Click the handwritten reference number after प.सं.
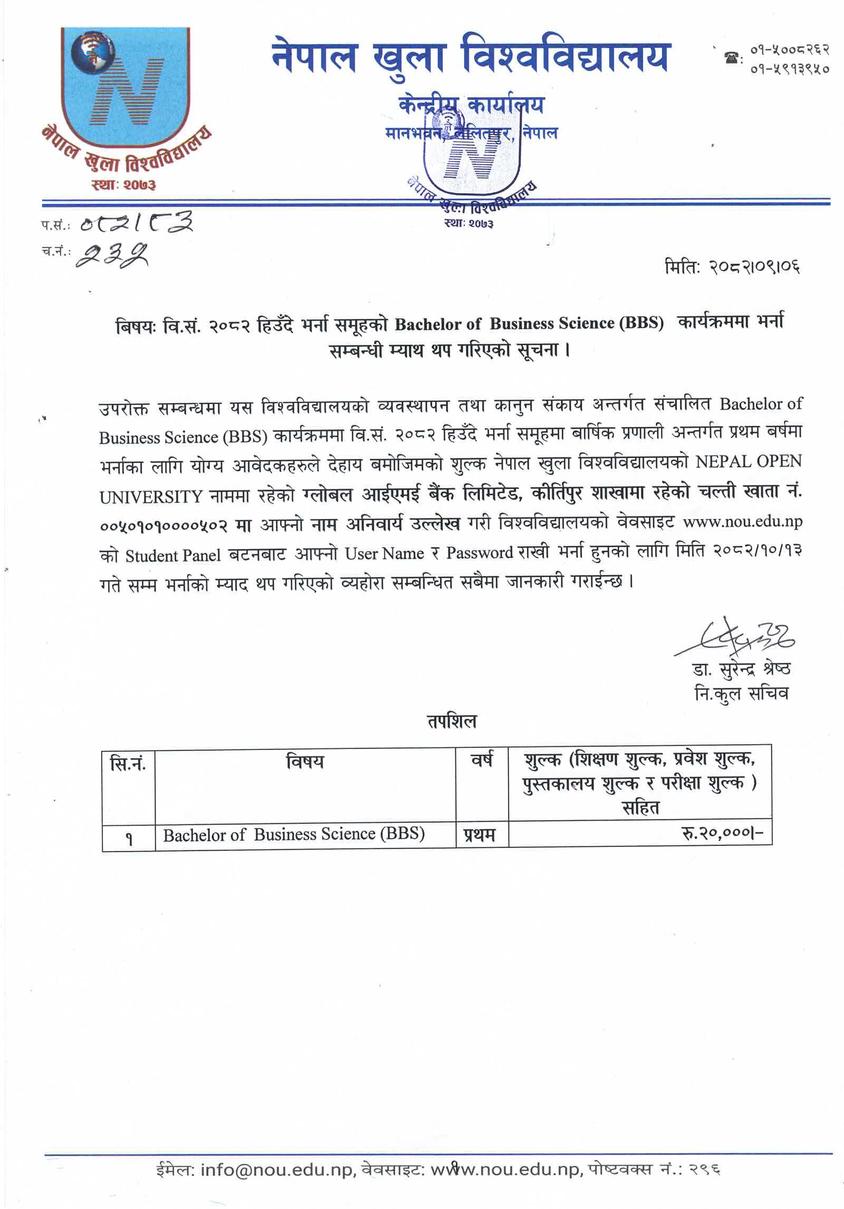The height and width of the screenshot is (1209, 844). pyautogui.click(x=136, y=223)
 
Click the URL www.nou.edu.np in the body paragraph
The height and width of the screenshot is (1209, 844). pyautogui.click(x=742, y=522)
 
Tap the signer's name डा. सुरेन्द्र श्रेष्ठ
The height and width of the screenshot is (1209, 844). pyautogui.click(x=741, y=669)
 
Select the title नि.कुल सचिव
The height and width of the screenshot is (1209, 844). pyautogui.click(x=741, y=694)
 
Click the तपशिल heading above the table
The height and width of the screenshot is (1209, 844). pyautogui.click(x=452, y=721)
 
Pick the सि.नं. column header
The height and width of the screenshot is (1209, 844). pyautogui.click(x=128, y=763)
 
